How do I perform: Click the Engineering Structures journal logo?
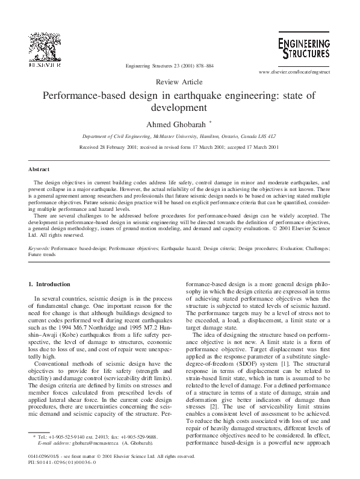click(304, 48)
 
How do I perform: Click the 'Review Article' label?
click(179, 81)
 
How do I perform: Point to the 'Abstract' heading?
click(39, 169)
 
